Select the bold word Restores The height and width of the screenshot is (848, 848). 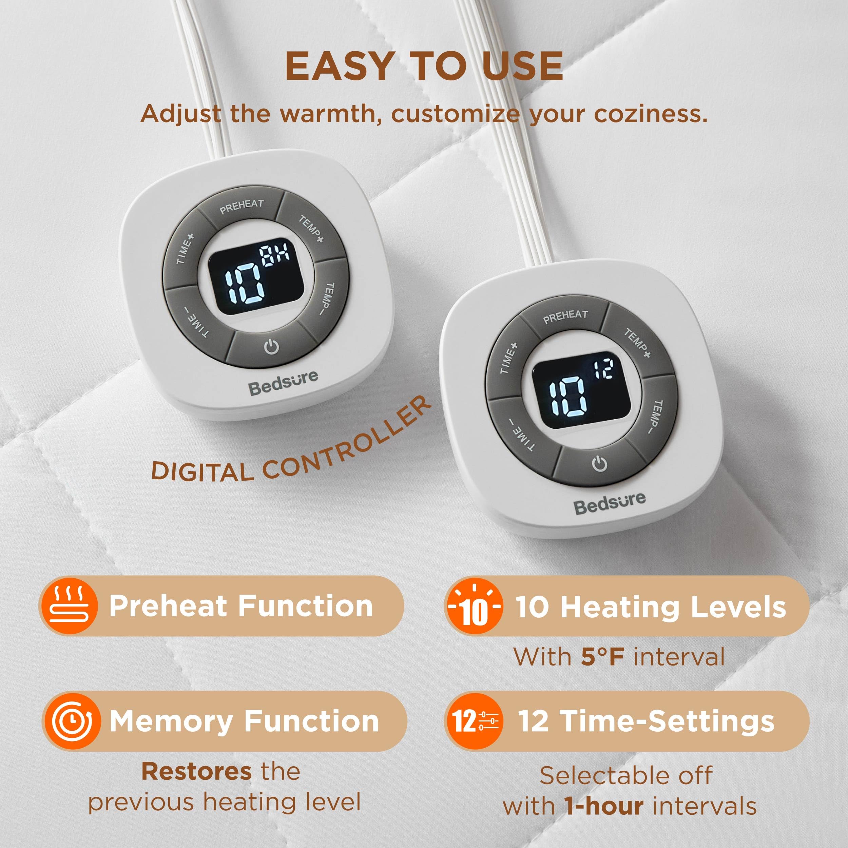click(x=196, y=771)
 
